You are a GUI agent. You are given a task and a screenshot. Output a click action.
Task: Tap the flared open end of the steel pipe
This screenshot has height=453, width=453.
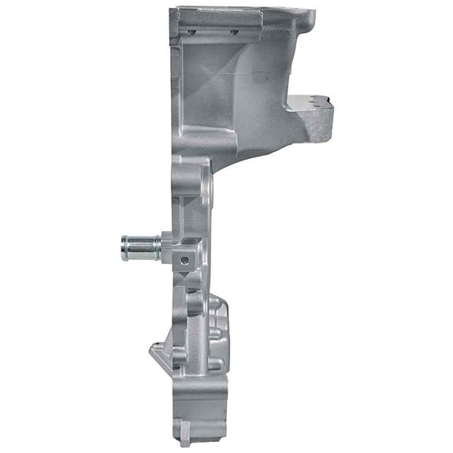coord(124,247)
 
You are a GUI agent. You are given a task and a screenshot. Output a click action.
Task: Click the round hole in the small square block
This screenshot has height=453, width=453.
coord(183,258)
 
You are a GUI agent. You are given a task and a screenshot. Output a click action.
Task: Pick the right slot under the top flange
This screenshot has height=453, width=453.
coord(234,32)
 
